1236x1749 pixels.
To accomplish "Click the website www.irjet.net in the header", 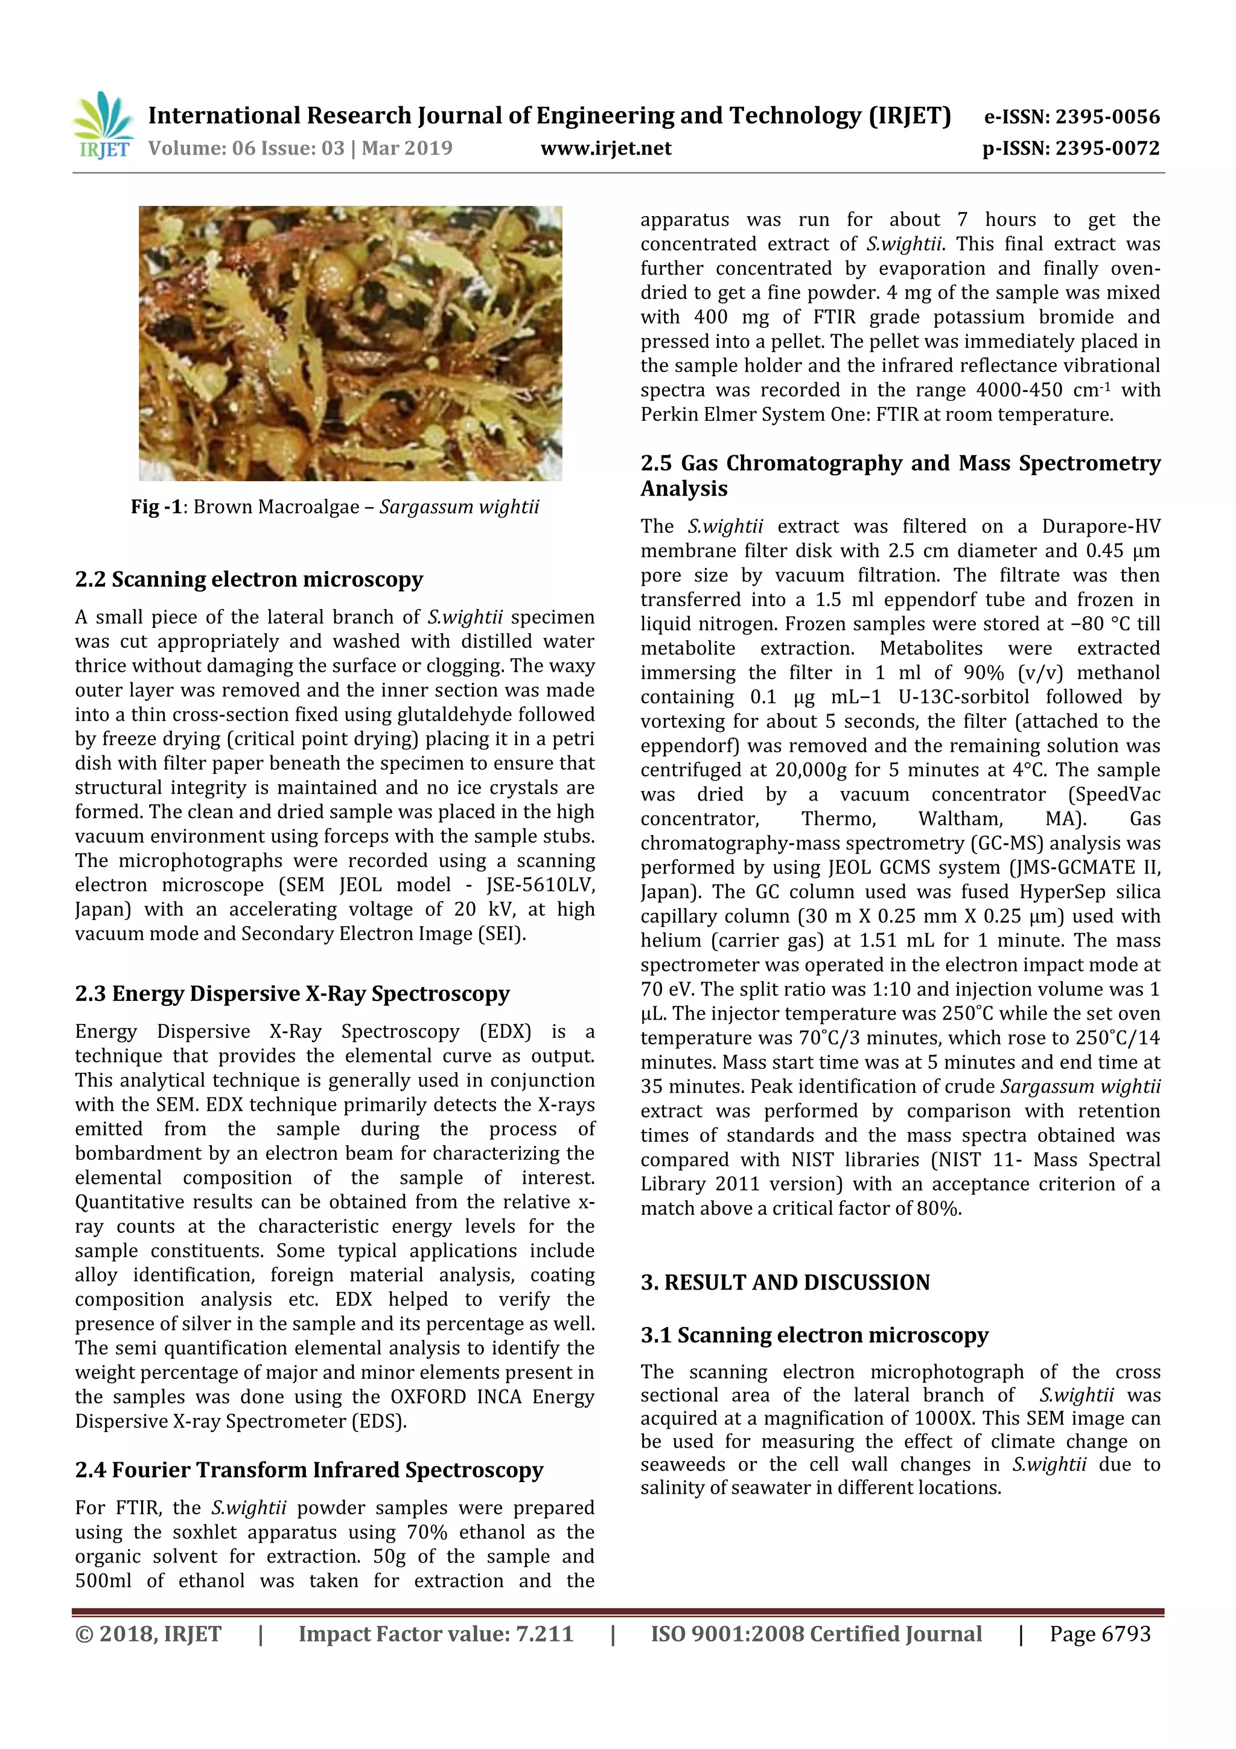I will tap(605, 148).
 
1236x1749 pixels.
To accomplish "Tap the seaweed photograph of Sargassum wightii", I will tap(350, 343).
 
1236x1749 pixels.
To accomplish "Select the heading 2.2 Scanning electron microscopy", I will tap(249, 580).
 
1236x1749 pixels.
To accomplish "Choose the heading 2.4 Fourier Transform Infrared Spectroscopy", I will tap(309, 1470).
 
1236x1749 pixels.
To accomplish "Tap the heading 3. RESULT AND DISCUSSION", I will tap(785, 1283).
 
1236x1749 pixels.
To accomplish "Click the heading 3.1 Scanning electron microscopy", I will tap(814, 1335).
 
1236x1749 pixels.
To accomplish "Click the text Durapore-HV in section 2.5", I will tap(1100, 526).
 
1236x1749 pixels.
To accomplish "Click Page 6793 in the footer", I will tap(1100, 1634).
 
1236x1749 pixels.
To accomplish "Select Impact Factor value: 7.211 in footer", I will tap(436, 1634).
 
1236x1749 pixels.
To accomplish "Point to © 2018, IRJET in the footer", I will tap(148, 1634).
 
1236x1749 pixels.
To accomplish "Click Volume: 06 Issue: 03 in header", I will tap(247, 148).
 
